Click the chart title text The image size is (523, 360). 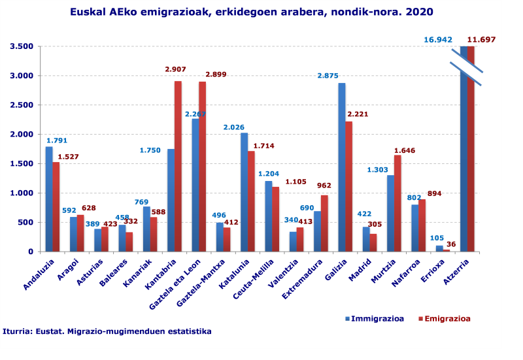(x=252, y=12)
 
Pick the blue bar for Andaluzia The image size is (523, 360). (x=49, y=199)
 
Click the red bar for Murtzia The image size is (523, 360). (x=397, y=203)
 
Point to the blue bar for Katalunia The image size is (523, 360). (x=244, y=192)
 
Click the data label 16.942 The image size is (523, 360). (x=438, y=40)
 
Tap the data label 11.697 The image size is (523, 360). (x=481, y=40)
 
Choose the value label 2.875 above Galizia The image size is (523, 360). (x=328, y=76)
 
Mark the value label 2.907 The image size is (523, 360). (x=176, y=69)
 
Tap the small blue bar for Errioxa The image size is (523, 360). (x=439, y=248)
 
